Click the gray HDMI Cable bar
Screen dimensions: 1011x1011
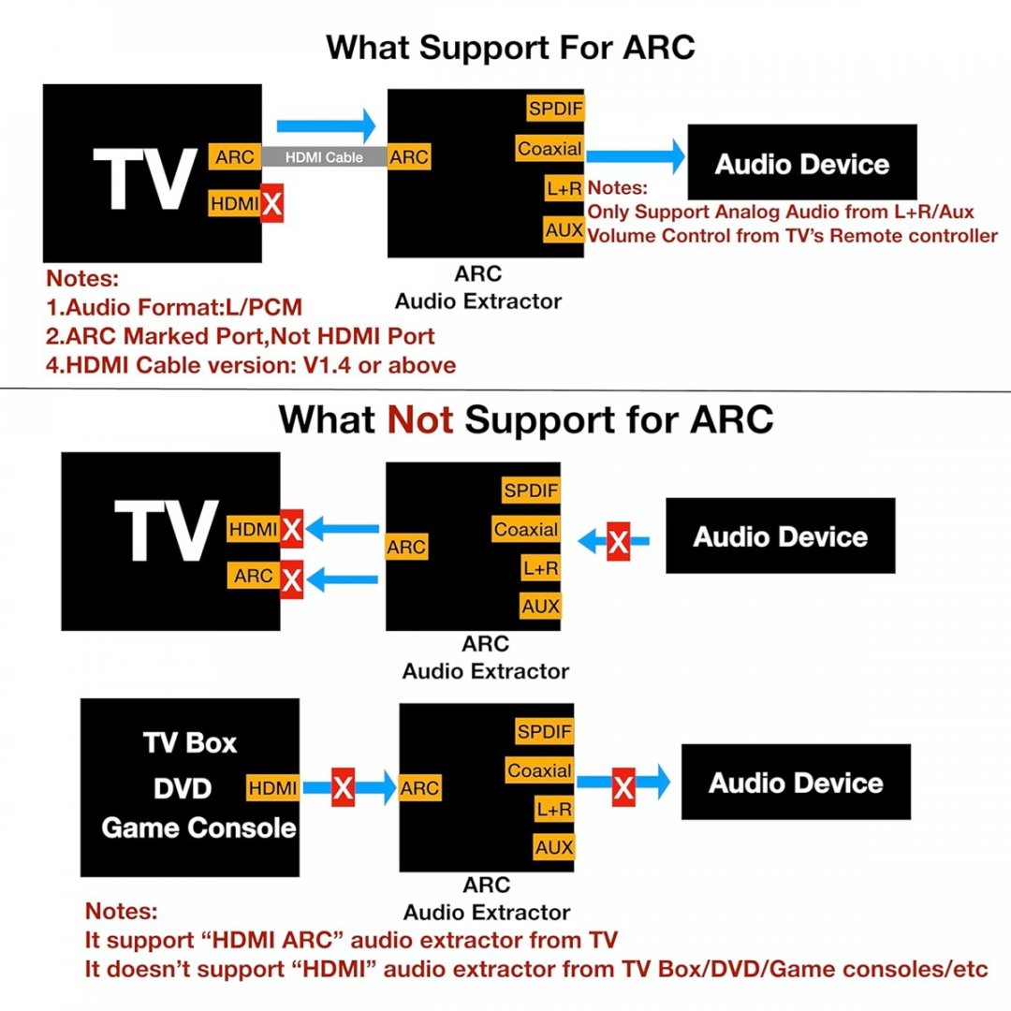(324, 157)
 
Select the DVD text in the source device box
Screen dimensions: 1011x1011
(183, 788)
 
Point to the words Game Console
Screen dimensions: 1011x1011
(198, 828)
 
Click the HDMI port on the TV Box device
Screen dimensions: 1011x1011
(273, 788)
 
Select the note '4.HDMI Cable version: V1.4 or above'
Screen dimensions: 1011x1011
(251, 365)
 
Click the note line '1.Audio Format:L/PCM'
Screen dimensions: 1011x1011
(174, 306)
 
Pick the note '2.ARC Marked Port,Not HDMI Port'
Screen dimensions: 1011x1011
(241, 335)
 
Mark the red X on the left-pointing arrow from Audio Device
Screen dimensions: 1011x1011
(618, 541)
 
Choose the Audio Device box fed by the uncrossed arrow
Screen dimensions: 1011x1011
(802, 164)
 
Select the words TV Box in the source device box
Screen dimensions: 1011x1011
(190, 743)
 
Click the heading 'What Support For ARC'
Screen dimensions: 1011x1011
(510, 47)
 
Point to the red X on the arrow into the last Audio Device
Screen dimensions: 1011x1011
(623, 787)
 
